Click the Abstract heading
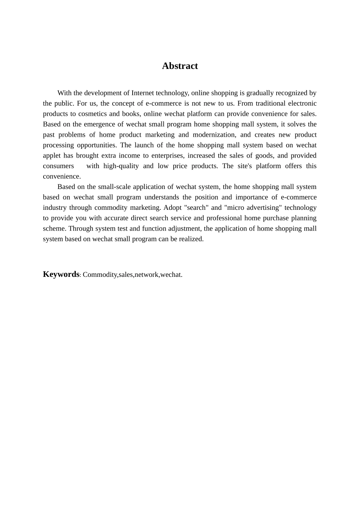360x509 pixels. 180,66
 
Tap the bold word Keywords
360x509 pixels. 61,274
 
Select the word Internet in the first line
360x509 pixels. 143,93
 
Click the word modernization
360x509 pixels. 217,134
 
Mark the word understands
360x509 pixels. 162,197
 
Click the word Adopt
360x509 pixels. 172,208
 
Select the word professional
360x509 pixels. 224,218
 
